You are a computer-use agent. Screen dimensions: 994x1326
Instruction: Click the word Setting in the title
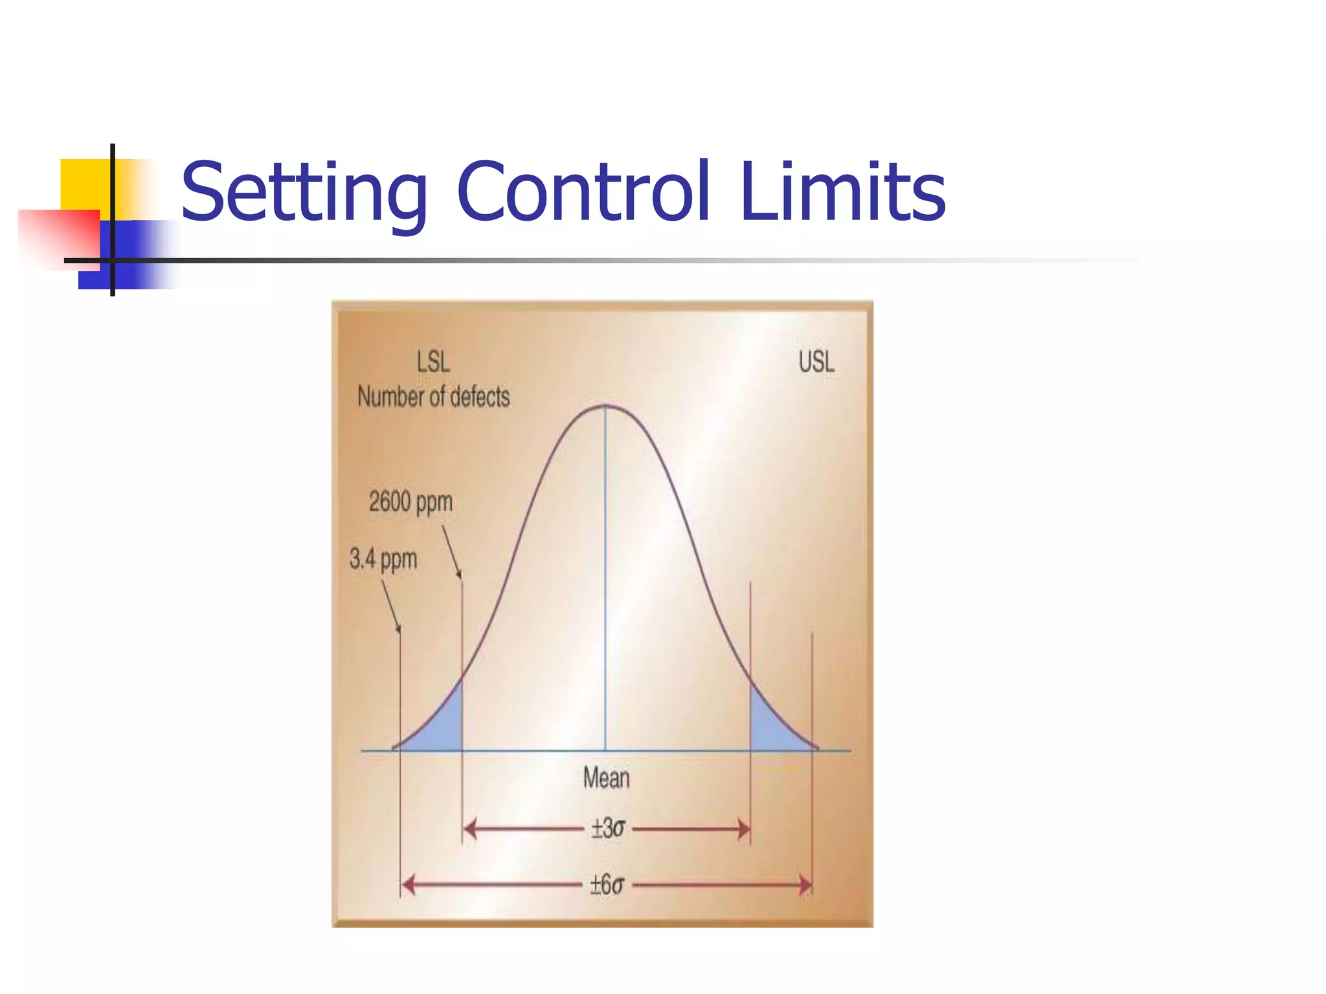[304, 192]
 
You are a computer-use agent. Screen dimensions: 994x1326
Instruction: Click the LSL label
[433, 362]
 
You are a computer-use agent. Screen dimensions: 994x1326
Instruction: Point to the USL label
[816, 362]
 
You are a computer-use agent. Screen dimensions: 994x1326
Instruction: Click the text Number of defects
[434, 397]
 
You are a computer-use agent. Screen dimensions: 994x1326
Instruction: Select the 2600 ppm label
[410, 502]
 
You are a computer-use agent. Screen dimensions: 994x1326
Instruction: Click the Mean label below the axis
[606, 777]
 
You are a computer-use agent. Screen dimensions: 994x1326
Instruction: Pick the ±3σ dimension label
[607, 828]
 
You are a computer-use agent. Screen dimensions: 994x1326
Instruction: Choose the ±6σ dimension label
[607, 885]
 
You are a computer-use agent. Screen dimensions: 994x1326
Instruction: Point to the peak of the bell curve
[605, 406]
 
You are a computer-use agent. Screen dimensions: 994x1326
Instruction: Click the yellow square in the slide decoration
[84, 184]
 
